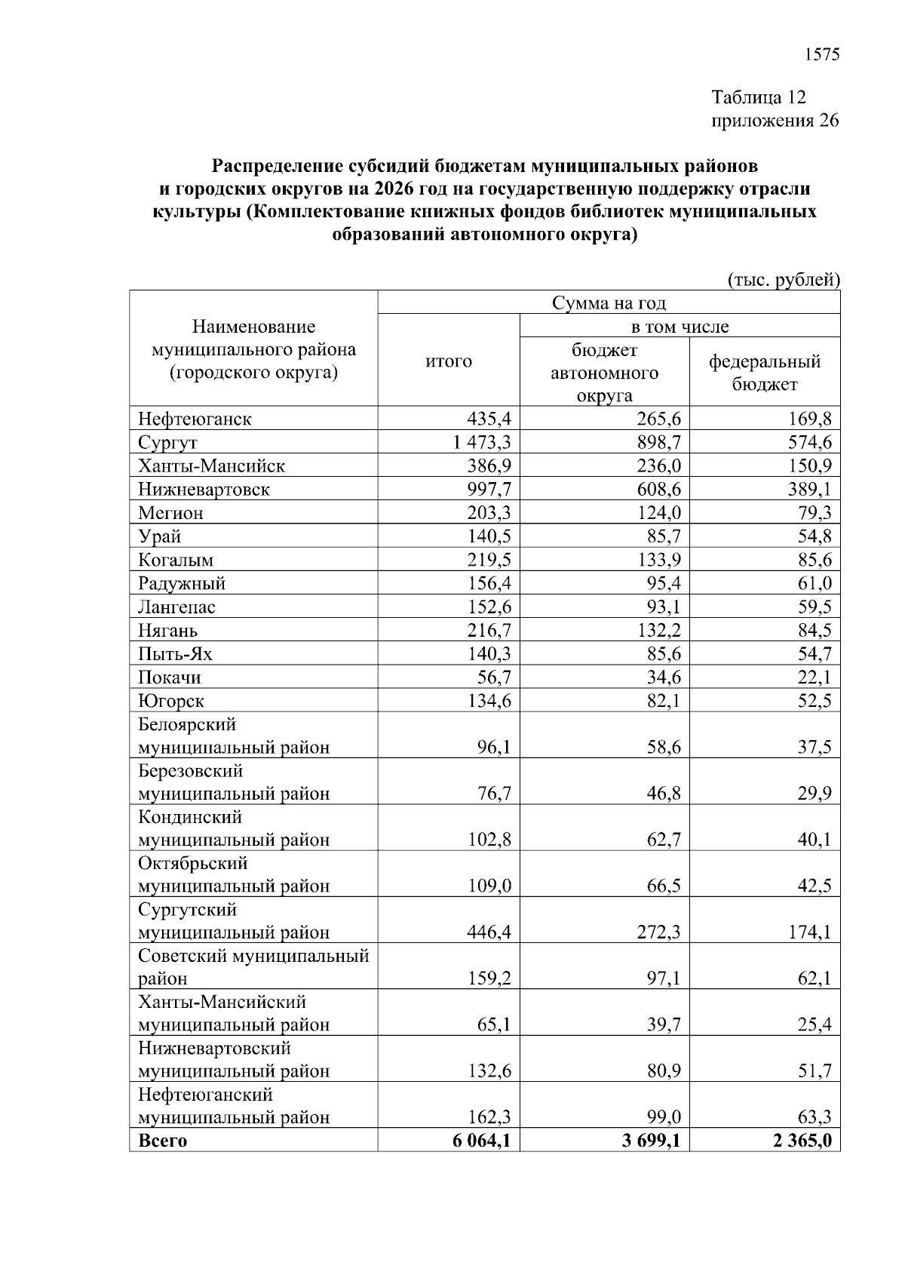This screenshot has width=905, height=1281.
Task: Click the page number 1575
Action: click(822, 54)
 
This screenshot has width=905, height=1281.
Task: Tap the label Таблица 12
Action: click(759, 97)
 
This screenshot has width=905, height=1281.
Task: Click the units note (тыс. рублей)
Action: click(783, 280)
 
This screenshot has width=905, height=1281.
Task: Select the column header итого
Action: click(449, 361)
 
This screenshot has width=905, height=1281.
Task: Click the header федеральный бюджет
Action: click(764, 373)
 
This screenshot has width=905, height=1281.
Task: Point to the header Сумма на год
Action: click(609, 303)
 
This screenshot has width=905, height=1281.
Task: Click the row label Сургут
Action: click(167, 443)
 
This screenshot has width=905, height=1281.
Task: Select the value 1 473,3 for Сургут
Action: click(482, 442)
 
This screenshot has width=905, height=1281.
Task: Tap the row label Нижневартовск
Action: click(204, 490)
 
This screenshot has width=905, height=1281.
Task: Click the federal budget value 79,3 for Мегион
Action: click(814, 513)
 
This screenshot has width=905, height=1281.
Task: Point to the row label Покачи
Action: click(170, 677)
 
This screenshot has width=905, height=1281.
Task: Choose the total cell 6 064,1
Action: click(481, 1141)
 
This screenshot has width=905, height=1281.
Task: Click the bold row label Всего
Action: click(162, 1141)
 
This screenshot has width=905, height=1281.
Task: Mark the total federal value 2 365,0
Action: click(802, 1141)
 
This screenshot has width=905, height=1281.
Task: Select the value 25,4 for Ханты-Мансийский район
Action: click(814, 1025)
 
